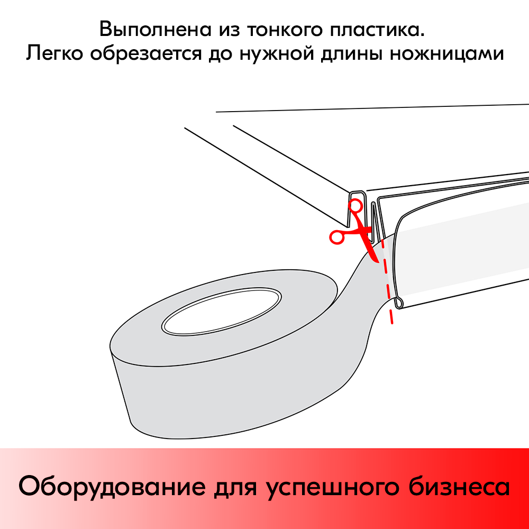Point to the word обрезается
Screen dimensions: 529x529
coord(146,54)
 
